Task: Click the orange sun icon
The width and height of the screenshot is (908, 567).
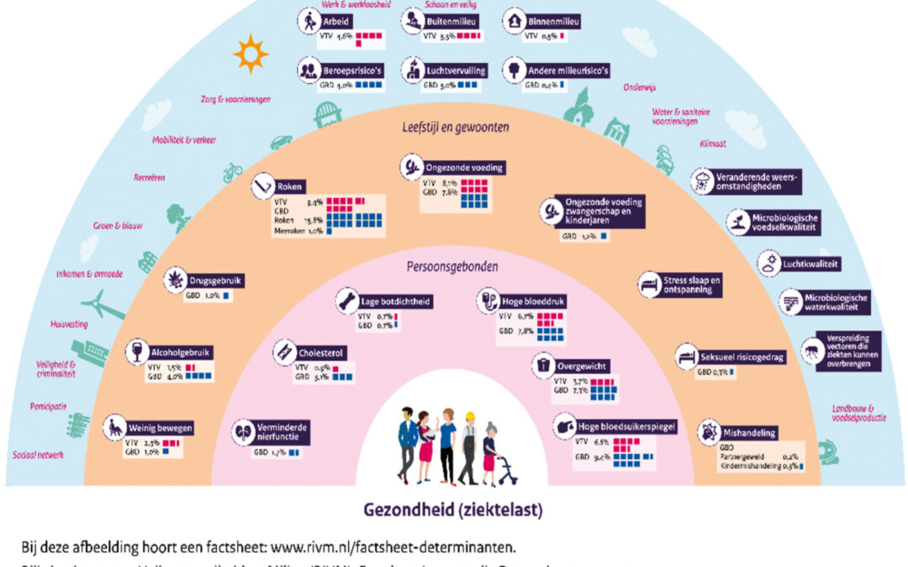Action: [250, 54]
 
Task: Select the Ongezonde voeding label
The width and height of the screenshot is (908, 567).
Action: [465, 167]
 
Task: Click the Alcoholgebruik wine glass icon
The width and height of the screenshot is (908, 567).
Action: [135, 353]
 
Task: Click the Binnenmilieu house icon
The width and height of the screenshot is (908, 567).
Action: [514, 22]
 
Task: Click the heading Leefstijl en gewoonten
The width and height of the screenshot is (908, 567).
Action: [456, 128]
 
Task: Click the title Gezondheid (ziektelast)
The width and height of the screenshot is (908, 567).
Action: [454, 510]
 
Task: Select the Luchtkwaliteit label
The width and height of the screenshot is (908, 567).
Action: [812, 263]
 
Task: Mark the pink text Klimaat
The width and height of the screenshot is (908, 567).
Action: [714, 144]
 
